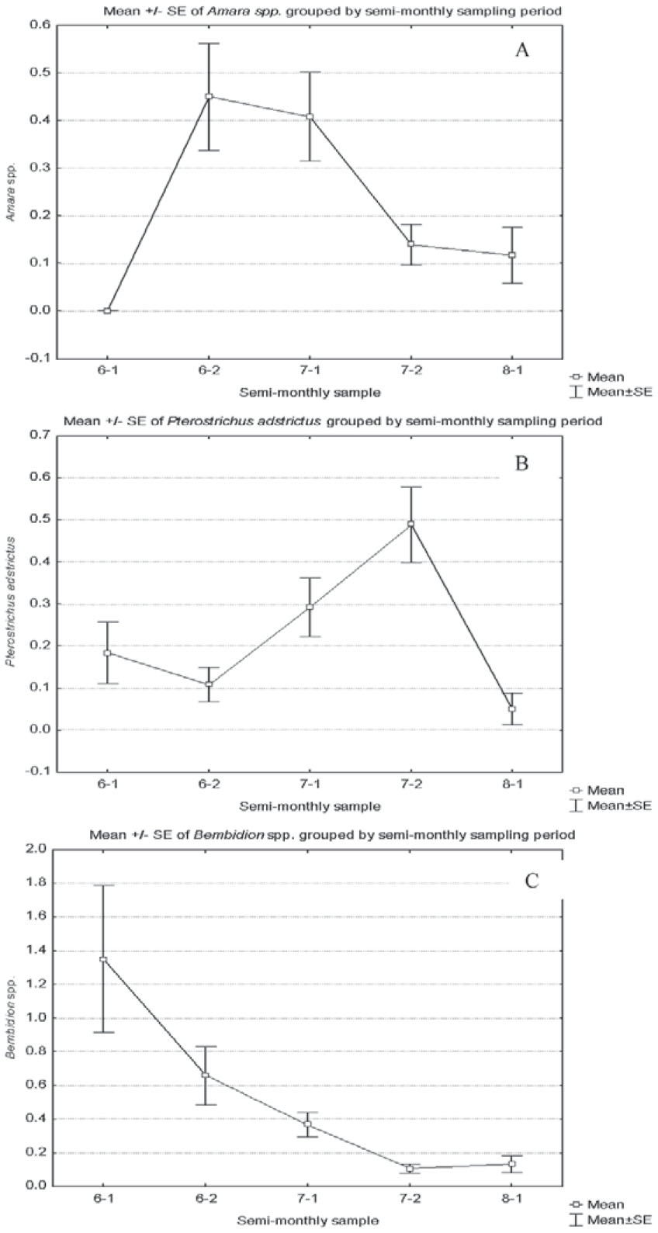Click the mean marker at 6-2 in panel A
(x=209, y=96)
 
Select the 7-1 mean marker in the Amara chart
(x=310, y=116)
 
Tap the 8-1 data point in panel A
(x=512, y=255)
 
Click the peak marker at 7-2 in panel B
(x=410, y=524)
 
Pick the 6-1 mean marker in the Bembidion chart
(x=103, y=959)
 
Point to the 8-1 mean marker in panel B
(x=512, y=709)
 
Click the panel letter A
(x=522, y=50)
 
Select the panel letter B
(x=521, y=463)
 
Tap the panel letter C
(x=532, y=881)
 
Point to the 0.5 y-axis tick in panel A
(x=40, y=73)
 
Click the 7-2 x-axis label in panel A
(x=411, y=370)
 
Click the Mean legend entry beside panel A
(x=597, y=377)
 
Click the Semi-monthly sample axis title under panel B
(x=310, y=806)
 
